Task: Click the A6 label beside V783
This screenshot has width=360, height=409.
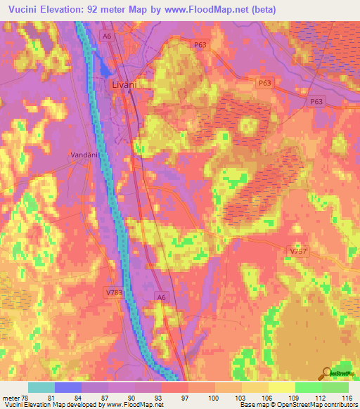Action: [x=161, y=298]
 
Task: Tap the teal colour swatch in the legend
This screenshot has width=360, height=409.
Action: [x=41, y=387]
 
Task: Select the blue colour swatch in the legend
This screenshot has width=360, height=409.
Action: [x=68, y=387]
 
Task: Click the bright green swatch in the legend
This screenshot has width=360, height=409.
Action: [x=309, y=387]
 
